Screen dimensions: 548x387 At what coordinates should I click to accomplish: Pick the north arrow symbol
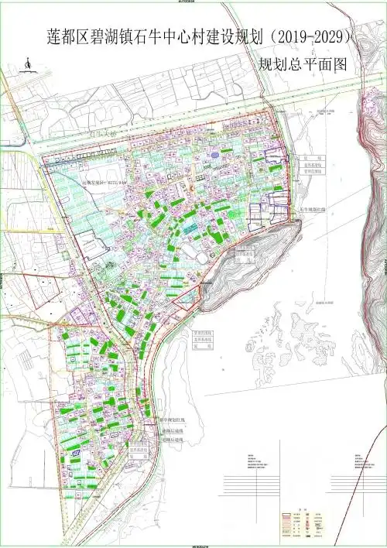(x=27, y=65)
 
